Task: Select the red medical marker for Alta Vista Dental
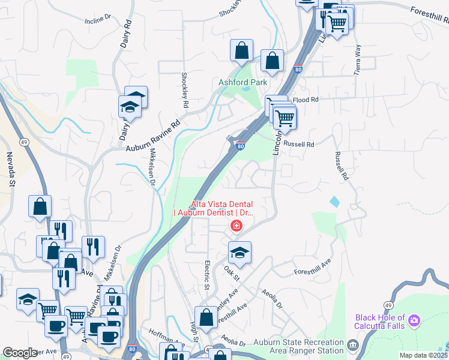(237, 226)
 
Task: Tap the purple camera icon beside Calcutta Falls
(414, 321)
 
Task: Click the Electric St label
(206, 274)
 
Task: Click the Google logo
(20, 353)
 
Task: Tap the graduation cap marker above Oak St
(240, 253)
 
